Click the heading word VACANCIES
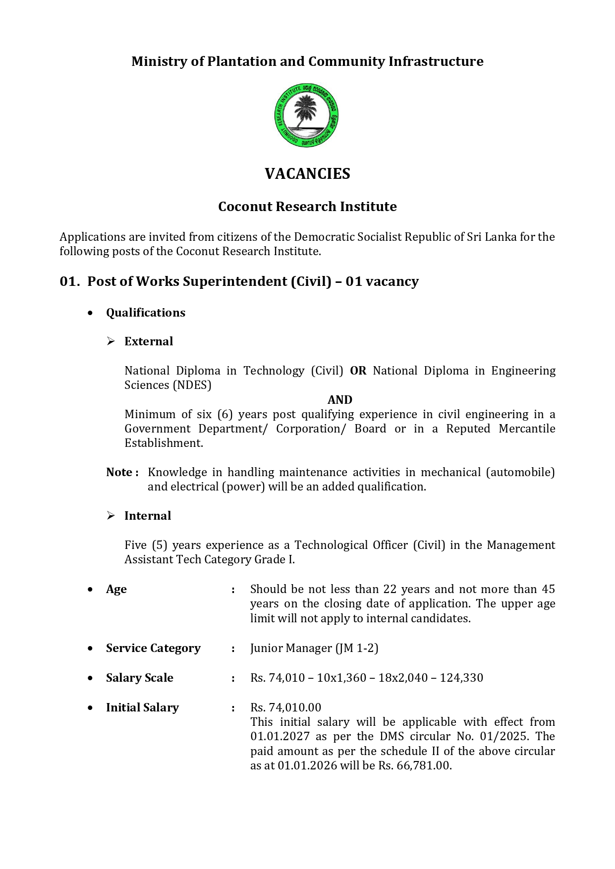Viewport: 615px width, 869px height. pyautogui.click(x=307, y=174)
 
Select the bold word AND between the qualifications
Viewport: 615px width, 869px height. pyautogui.click(x=340, y=400)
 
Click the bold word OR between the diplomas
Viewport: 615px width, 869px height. pyautogui.click(x=358, y=371)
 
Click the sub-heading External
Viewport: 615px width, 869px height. pyautogui.click(x=149, y=341)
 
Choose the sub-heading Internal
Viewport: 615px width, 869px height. pyautogui.click(x=148, y=516)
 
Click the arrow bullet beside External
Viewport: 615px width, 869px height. pyautogui.click(x=111, y=341)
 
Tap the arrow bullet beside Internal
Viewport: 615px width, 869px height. pyautogui.click(x=111, y=516)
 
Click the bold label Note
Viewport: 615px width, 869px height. pyautogui.click(x=119, y=472)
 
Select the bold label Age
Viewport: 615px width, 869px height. pyautogui.click(x=116, y=589)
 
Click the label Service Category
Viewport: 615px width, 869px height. pyautogui.click(x=153, y=648)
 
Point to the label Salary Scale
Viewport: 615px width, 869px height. pyautogui.click(x=140, y=678)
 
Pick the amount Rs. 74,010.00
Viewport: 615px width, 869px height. pyautogui.click(x=285, y=707)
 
